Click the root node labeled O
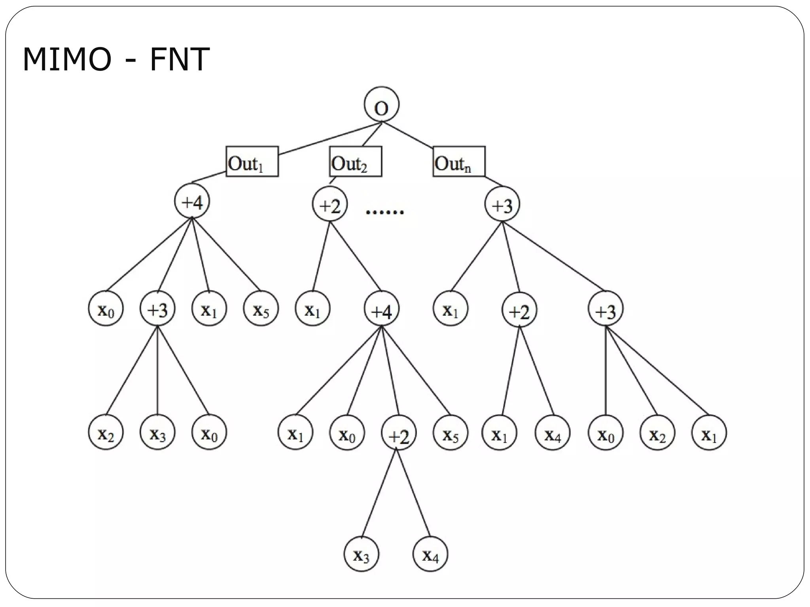click(x=381, y=104)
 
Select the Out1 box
click(x=252, y=162)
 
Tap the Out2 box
click(x=355, y=162)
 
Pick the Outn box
click(x=459, y=162)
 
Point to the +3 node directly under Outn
click(x=502, y=204)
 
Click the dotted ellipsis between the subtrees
click(x=384, y=212)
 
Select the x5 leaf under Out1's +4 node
click(x=261, y=309)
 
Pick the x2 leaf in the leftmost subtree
click(x=106, y=432)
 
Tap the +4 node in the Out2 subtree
click(x=381, y=309)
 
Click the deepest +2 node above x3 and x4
click(x=399, y=432)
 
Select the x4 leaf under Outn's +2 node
click(x=552, y=432)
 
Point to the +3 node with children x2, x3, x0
click(x=157, y=309)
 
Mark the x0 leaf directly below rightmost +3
click(x=606, y=432)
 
